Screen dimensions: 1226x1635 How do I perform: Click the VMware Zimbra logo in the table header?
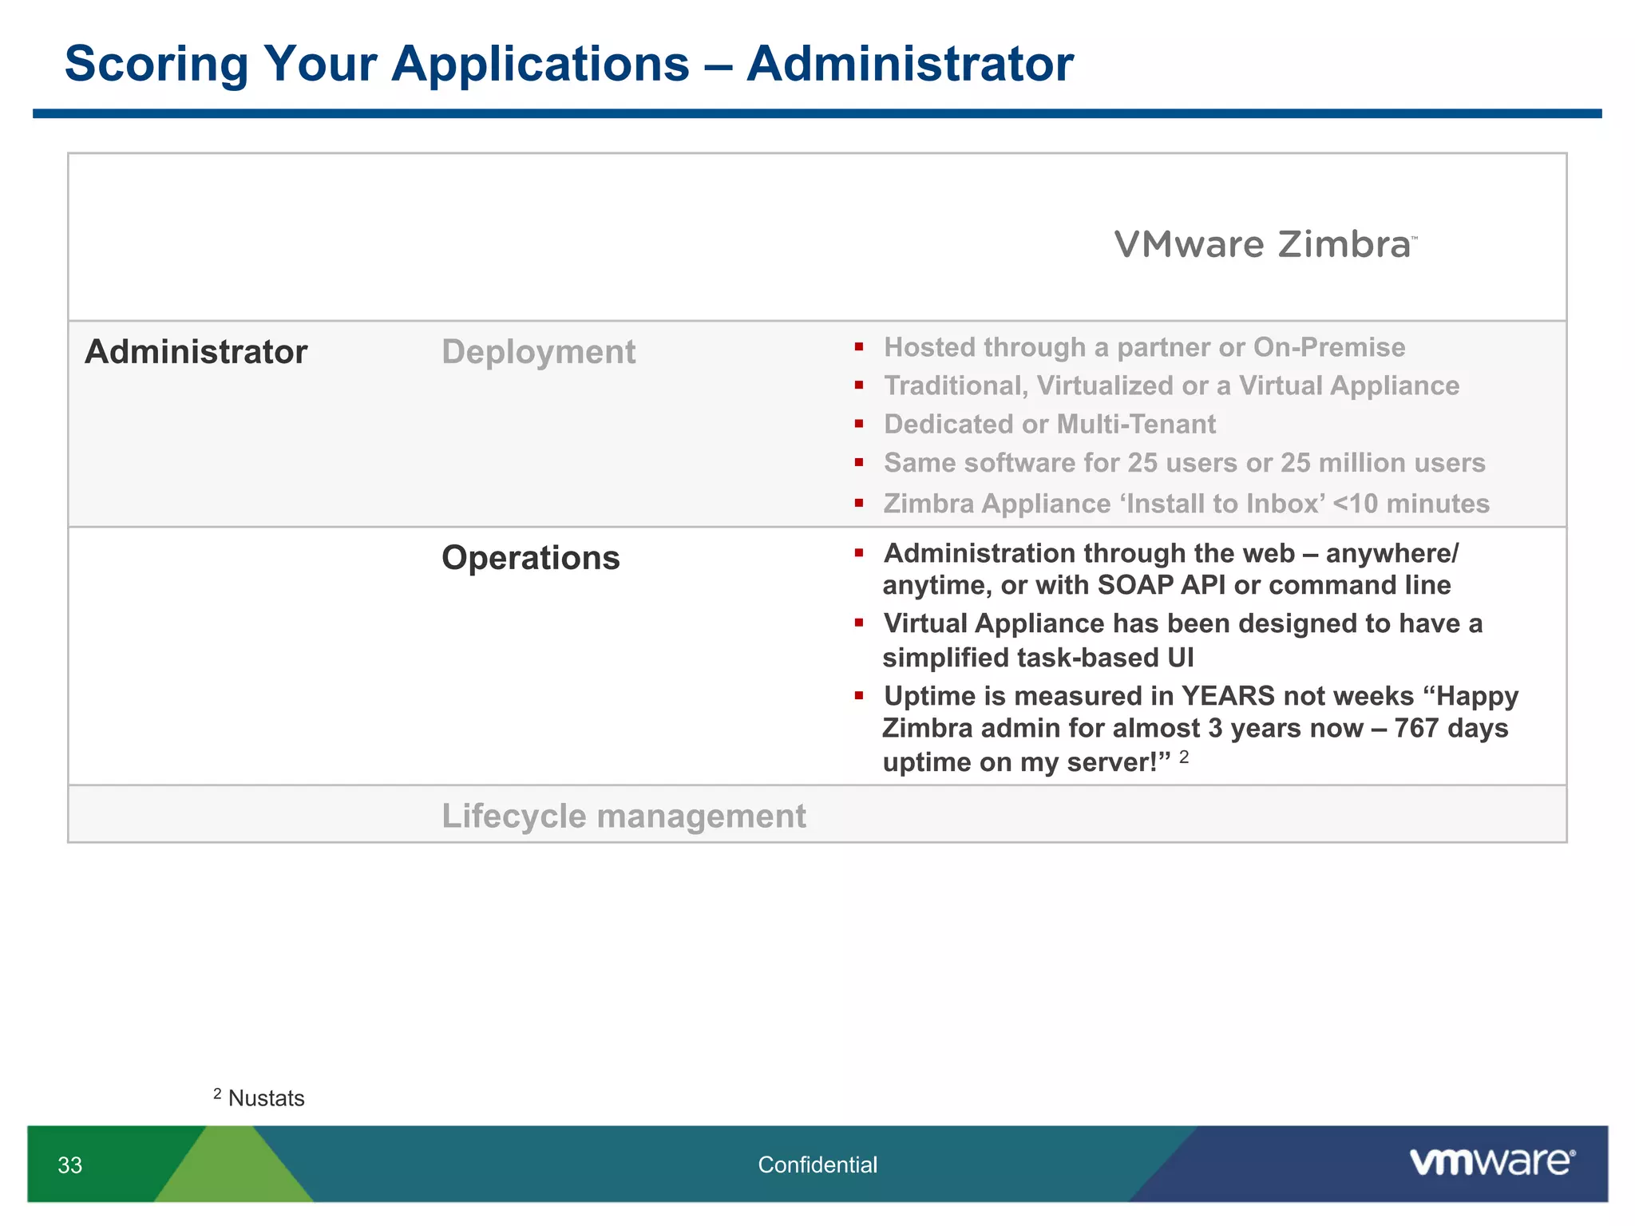[1265, 244]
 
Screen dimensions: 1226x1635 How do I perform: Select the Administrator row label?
[196, 352]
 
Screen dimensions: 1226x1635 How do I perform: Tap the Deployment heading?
[539, 352]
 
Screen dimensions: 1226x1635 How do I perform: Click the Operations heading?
[530, 558]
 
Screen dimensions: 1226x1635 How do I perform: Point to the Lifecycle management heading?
[624, 817]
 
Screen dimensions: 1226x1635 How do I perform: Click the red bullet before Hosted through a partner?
[859, 347]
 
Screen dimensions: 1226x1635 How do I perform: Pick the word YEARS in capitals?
[1228, 696]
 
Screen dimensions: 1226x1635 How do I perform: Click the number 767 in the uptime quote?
[1417, 729]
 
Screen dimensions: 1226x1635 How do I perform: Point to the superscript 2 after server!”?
[1184, 757]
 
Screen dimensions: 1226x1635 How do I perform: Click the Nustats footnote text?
[266, 1098]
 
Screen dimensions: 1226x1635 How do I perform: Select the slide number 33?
[70, 1165]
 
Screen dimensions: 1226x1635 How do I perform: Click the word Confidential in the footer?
[817, 1165]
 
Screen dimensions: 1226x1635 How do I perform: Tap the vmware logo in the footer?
[1492, 1162]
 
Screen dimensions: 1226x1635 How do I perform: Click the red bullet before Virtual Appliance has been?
[859, 623]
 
